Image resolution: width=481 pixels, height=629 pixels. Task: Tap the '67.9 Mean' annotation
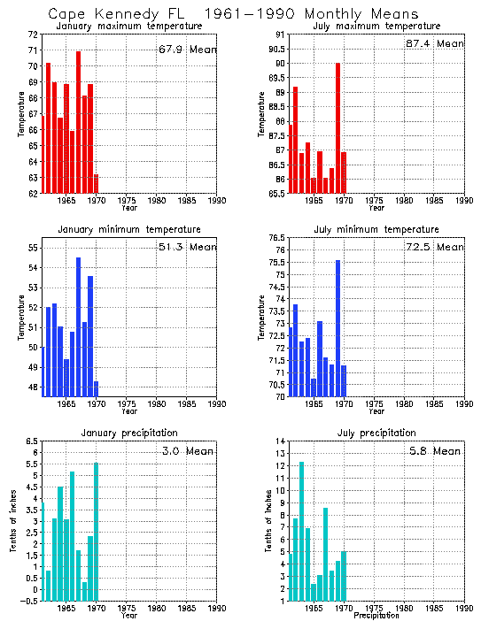(x=187, y=47)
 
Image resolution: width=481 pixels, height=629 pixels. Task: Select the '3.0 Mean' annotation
(x=187, y=450)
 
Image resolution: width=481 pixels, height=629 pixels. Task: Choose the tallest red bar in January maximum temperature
(x=78, y=123)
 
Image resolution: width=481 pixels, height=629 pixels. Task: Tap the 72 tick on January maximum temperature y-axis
(x=32, y=35)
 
